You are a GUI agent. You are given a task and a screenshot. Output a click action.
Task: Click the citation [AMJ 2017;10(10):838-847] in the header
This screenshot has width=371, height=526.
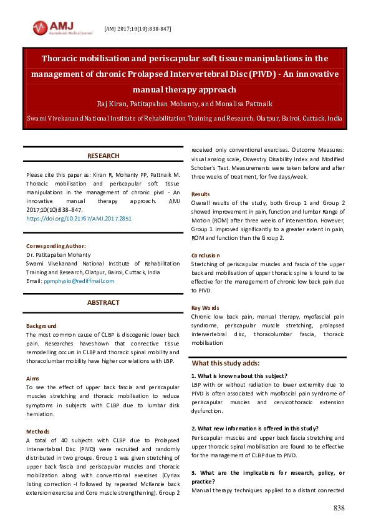tap(137, 29)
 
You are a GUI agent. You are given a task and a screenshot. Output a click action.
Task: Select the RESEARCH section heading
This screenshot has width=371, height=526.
tap(104, 156)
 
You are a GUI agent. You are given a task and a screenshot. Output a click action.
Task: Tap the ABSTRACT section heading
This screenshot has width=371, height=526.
tap(104, 302)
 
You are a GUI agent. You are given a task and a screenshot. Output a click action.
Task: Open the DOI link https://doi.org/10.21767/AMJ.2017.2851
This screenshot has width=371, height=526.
tap(79, 219)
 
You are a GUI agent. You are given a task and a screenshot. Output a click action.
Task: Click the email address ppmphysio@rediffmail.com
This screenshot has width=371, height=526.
tap(79, 281)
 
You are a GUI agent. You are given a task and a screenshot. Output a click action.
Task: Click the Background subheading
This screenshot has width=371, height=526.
tap(41, 326)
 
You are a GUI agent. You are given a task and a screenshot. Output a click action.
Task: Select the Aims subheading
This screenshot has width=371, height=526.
tap(33, 379)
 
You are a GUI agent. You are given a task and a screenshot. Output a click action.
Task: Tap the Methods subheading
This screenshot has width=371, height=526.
tap(38, 432)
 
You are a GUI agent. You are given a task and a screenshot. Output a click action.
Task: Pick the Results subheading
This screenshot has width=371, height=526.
tap(201, 194)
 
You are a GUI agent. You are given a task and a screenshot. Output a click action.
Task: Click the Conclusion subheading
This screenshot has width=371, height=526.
tap(206, 256)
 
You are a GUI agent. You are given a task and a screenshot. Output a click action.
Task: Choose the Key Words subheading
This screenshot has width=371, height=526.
tap(205, 308)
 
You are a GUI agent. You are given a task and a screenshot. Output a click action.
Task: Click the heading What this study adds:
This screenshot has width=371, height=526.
tap(226, 363)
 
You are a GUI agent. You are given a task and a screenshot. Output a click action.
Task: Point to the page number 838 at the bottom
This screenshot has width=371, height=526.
tap(339, 509)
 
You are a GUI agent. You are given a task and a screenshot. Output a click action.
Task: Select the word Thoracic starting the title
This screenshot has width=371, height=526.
tap(62, 59)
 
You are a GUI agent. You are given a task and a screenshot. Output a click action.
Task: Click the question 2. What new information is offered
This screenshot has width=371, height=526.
tap(255, 428)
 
